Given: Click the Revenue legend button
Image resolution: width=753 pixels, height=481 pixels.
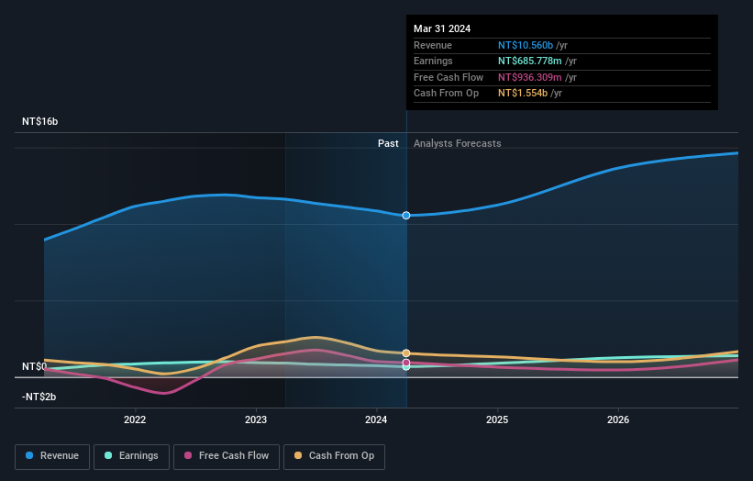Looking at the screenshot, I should pyautogui.click(x=52, y=455).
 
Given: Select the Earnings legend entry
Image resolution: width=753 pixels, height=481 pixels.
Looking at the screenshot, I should pyautogui.click(x=131, y=455).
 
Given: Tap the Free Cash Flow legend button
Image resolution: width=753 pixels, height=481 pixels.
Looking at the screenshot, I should pyautogui.click(x=226, y=455).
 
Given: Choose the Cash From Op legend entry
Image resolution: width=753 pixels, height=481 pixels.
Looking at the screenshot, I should pyautogui.click(x=334, y=455).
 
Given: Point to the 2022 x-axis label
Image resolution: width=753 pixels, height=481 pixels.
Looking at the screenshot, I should pyautogui.click(x=135, y=420).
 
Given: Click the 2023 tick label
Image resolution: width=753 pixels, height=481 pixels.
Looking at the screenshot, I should pyautogui.click(x=256, y=420).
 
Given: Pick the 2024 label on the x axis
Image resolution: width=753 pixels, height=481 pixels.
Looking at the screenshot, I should pyautogui.click(x=377, y=420).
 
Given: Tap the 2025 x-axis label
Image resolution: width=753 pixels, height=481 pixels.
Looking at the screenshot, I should pyautogui.click(x=497, y=420).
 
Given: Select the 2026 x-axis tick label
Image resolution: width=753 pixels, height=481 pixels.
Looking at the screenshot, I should pyautogui.click(x=618, y=420).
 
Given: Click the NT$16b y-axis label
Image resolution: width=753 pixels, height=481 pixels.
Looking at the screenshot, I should pyautogui.click(x=40, y=121).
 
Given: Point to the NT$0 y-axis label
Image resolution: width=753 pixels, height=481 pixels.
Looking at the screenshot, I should pyautogui.click(x=35, y=366).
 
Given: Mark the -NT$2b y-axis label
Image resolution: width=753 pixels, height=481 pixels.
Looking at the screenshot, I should pyautogui.click(x=39, y=397).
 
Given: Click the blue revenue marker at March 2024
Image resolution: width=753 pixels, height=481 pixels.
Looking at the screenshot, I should pyautogui.click(x=406, y=215).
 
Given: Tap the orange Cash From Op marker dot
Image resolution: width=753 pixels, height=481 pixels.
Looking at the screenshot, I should pyautogui.click(x=406, y=353).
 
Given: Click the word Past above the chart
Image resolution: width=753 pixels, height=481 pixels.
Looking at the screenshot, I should pyautogui.click(x=388, y=143).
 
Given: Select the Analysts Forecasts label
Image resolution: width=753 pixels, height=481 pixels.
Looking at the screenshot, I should pyautogui.click(x=458, y=143).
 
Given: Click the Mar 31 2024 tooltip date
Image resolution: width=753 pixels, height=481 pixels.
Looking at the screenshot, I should pyautogui.click(x=442, y=28).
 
